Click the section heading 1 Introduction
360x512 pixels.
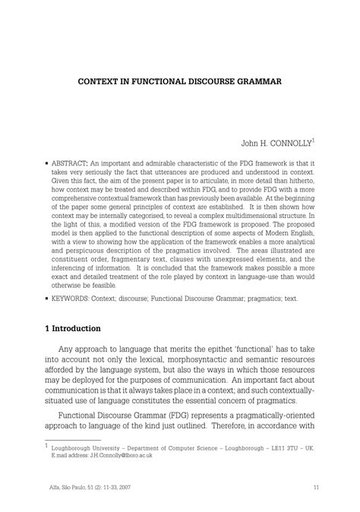tap(72, 328)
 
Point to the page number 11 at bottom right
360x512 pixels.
tap(314, 487)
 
